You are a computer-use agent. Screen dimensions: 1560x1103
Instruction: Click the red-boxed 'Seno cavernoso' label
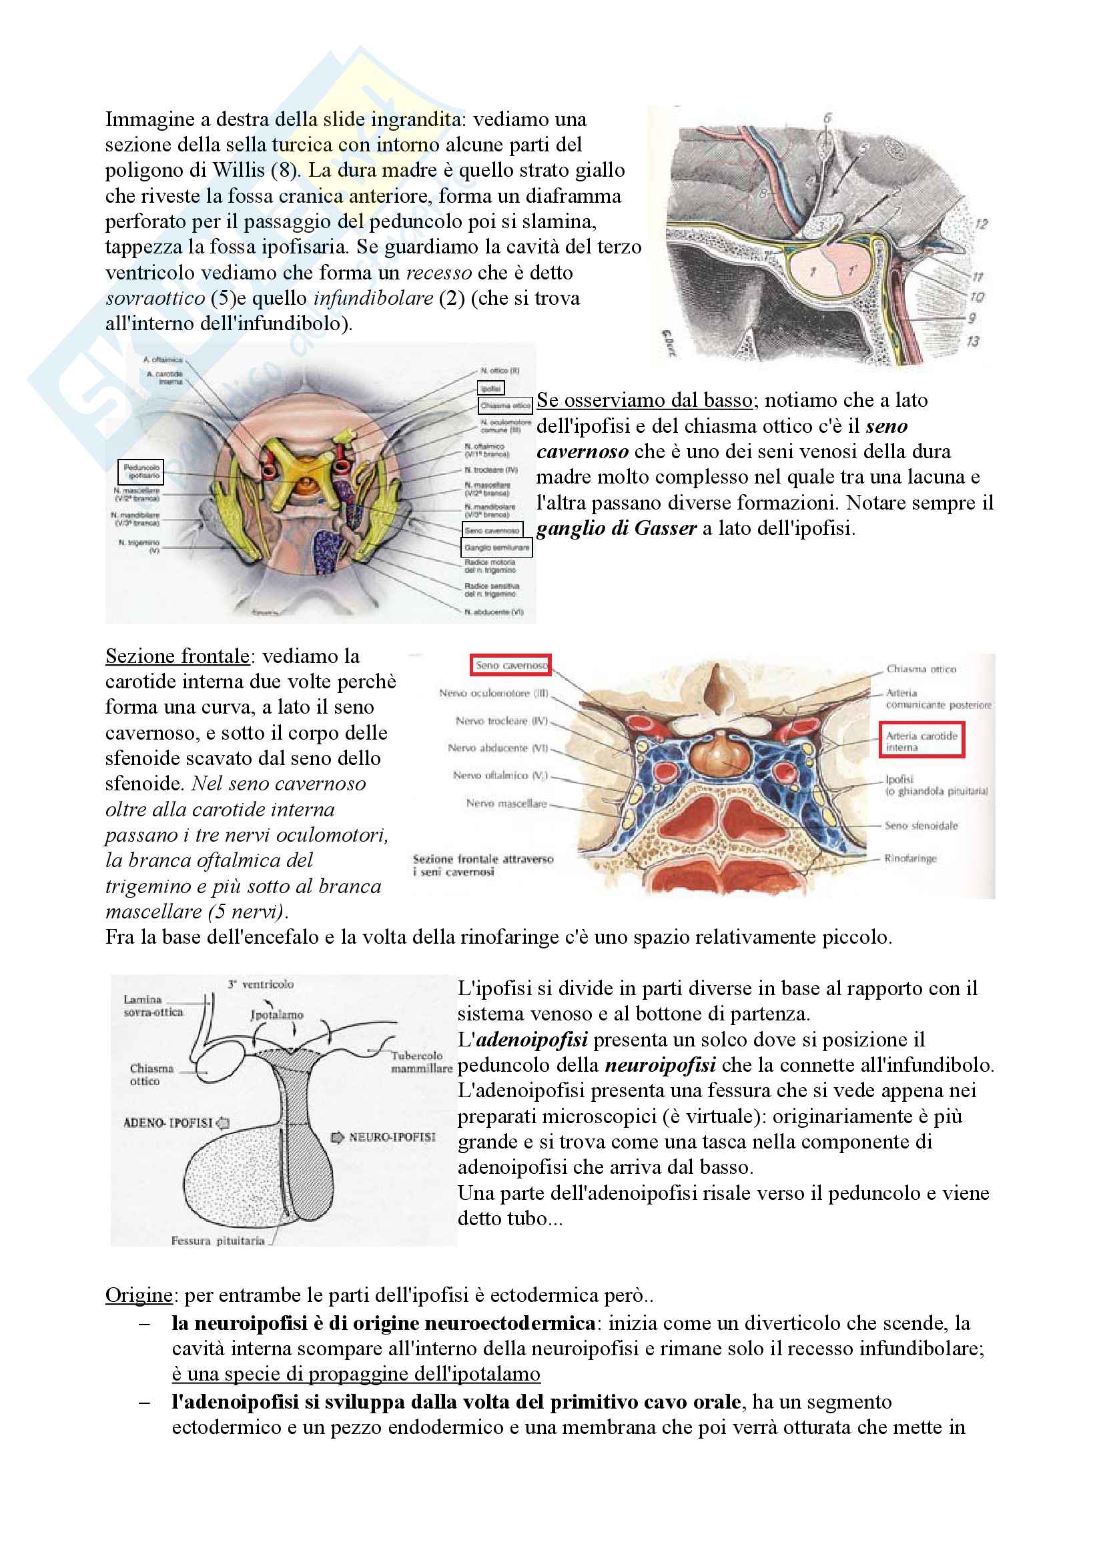tap(510, 665)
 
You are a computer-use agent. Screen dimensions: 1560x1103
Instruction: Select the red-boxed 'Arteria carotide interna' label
tap(922, 741)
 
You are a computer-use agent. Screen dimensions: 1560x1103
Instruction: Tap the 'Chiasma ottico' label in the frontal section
tap(921, 669)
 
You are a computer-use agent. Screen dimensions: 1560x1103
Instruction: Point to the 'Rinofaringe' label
tap(910, 859)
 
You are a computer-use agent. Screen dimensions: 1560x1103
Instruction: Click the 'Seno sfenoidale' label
tap(921, 826)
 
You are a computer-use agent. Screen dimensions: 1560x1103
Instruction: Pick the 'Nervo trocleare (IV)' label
tap(501, 721)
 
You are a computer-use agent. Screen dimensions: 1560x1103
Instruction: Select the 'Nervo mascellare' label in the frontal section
tap(506, 803)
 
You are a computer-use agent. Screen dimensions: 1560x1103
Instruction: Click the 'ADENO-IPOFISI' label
tap(168, 1123)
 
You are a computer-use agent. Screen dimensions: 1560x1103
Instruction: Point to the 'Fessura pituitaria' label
tap(218, 1241)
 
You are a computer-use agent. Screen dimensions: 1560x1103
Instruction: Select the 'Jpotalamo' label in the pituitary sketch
tap(277, 1015)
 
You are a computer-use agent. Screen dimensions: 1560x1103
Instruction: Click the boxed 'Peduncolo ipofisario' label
tap(141, 472)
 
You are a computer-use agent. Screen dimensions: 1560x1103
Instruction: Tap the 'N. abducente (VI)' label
tap(493, 612)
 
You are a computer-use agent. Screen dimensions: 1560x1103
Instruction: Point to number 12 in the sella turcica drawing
tap(981, 223)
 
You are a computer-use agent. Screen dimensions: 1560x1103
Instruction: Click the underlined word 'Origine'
tap(139, 1295)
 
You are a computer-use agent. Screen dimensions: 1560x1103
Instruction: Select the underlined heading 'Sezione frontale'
tap(177, 656)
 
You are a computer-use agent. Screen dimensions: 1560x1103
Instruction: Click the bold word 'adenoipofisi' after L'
tap(532, 1040)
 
